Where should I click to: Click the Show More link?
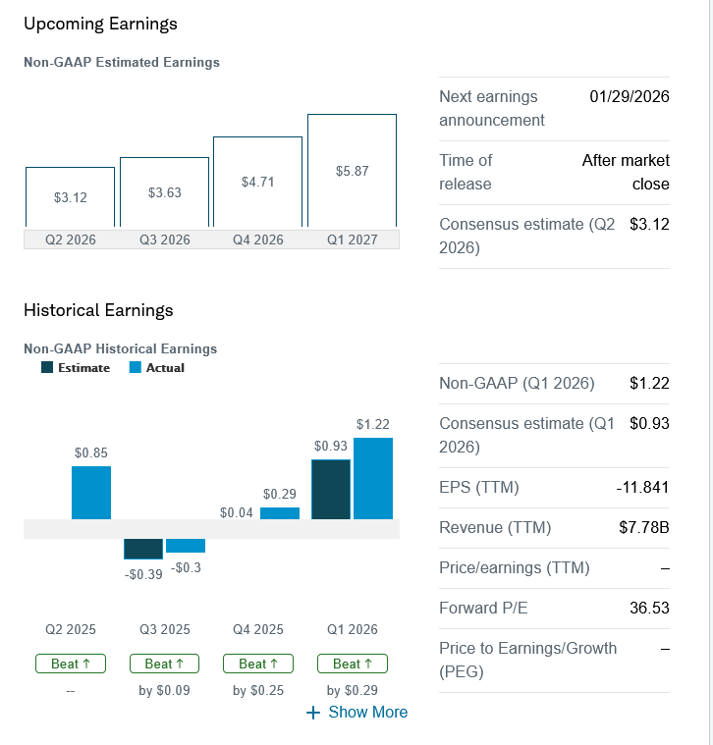(357, 712)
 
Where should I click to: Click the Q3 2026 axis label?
(164, 239)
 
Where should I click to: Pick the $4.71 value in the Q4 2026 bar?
(257, 182)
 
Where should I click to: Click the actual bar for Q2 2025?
(91, 493)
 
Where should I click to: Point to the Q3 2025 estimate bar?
(143, 549)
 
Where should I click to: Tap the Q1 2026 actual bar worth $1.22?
(372, 478)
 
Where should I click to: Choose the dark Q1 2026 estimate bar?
(330, 489)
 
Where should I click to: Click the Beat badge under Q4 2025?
(257, 664)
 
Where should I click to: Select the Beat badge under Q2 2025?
(70, 664)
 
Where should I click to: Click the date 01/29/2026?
(630, 97)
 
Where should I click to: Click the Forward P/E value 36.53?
(648, 609)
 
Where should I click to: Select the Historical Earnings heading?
(98, 310)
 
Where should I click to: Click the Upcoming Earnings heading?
(100, 24)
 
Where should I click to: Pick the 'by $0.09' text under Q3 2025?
(164, 690)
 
